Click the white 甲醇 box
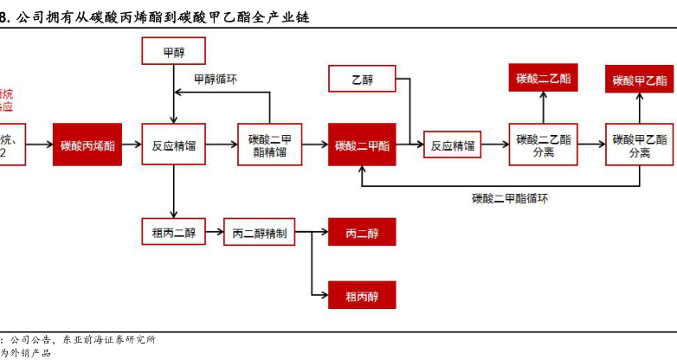[x=173, y=52]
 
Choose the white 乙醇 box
[x=362, y=80]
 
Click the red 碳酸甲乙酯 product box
[x=640, y=80]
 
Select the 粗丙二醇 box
[x=173, y=232]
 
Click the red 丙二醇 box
[x=362, y=232]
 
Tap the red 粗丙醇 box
[x=362, y=294]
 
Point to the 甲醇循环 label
[x=216, y=79]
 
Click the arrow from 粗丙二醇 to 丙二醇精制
[x=215, y=232]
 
